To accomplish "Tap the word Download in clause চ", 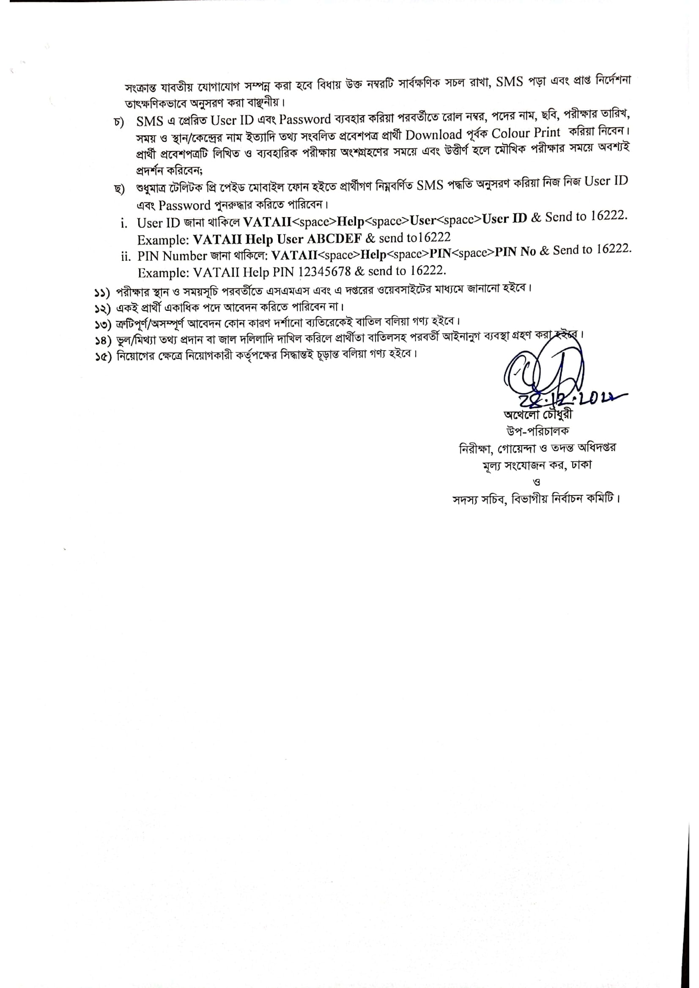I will (433, 135).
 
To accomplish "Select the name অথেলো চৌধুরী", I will (538, 414).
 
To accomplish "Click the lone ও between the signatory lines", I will (537, 482).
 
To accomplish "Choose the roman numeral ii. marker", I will (125, 257).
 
